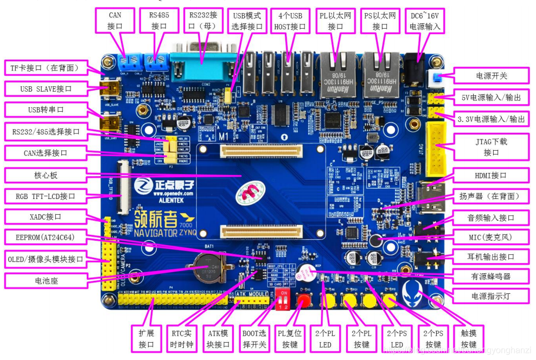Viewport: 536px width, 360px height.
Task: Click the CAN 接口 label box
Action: click(114, 21)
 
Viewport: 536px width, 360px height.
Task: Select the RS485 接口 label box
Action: click(158, 21)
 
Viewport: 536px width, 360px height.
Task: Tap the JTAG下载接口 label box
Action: click(491, 146)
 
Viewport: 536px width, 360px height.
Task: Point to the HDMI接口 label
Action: click(490, 176)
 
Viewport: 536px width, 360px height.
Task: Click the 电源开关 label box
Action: click(490, 75)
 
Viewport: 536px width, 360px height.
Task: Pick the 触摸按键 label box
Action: click(468, 338)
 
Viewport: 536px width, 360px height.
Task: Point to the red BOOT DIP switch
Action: click(283, 297)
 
